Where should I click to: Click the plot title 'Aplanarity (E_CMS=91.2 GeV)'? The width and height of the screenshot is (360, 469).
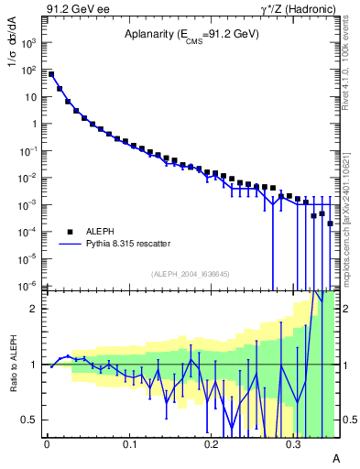pos(191,35)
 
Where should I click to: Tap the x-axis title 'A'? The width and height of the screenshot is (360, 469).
pos(335,457)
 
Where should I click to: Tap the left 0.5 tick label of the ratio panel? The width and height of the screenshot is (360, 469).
pos(29,420)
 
